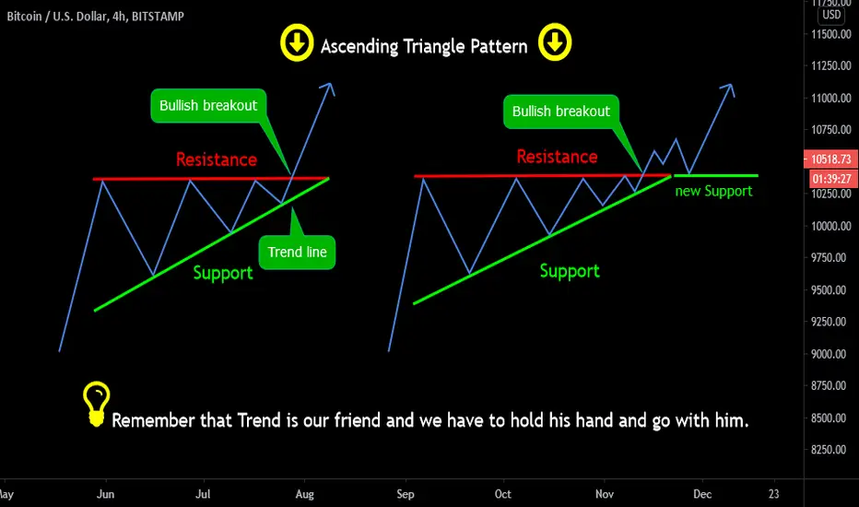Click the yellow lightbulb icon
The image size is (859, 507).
coord(97,404)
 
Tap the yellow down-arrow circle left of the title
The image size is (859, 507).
coord(297,42)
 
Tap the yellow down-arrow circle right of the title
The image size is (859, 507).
coord(555,42)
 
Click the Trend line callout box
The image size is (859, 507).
coord(297,252)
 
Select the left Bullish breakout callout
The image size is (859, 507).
coord(208,106)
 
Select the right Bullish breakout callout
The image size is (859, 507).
coord(561,112)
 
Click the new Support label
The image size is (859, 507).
coord(713,192)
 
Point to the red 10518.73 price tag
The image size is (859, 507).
coord(830,159)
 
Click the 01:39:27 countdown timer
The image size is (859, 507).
coord(830,179)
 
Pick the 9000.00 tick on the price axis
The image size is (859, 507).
coord(831,354)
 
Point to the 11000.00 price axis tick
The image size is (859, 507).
coord(831,98)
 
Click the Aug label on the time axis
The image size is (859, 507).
coord(304,494)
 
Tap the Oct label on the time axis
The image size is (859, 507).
coord(503,494)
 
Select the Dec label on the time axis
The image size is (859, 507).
coord(702,494)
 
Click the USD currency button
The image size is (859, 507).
coord(831,15)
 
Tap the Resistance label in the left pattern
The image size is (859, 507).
coord(217,159)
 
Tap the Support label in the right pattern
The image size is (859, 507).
coord(570,271)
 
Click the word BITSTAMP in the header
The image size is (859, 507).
coord(158,17)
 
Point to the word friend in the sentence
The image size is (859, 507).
coord(358,420)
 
